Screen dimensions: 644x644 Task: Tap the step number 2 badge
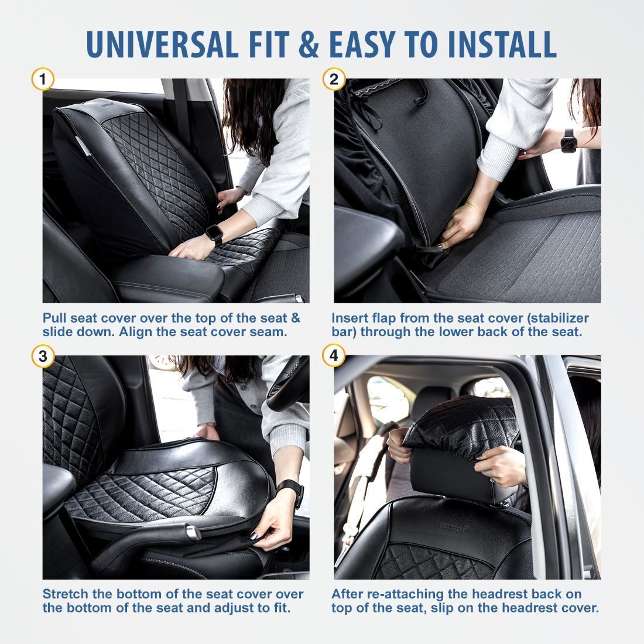[334, 79]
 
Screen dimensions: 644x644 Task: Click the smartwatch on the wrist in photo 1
[214, 235]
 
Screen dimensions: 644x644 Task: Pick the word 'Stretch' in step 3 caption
[63, 594]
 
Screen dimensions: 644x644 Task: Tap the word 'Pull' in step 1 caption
[54, 318]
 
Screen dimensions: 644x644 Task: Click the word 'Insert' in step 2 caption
[348, 318]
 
